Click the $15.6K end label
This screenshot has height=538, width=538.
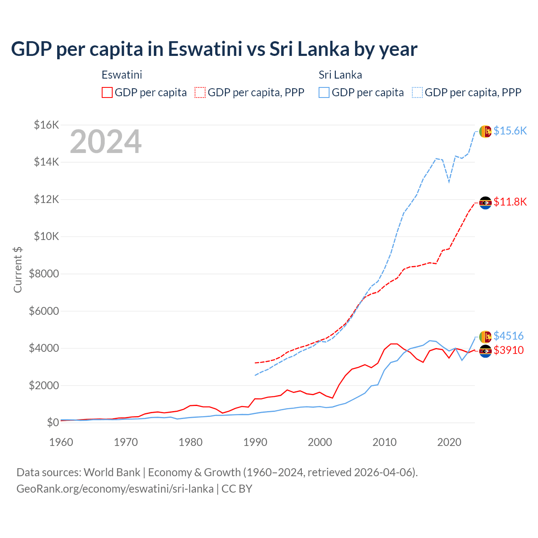click(510, 131)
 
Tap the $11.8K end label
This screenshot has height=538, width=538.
click(510, 202)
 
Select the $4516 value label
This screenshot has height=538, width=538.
click(508, 336)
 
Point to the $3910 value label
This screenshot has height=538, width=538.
click(509, 350)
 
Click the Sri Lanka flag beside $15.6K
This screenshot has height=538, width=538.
click(485, 131)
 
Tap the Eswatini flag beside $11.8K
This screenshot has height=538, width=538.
click(485, 203)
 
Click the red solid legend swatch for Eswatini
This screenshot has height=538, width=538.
click(107, 92)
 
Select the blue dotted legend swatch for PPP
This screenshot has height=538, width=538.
click(417, 92)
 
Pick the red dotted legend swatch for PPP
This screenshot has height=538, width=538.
click(200, 92)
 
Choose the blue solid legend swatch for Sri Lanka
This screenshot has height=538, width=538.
click(324, 92)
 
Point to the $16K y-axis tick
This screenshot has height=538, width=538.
click(46, 125)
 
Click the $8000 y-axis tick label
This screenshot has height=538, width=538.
click(44, 274)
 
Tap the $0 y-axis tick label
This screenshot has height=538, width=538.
click(53, 422)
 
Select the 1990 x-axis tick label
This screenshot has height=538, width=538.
click(255, 442)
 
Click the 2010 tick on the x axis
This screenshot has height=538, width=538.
click(385, 442)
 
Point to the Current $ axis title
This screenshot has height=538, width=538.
click(18, 270)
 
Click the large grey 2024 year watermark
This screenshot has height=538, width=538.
click(105, 142)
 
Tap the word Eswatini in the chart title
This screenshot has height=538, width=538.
click(205, 49)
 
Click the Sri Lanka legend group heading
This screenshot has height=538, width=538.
click(340, 75)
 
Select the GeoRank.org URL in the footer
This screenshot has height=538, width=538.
click(115, 489)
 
